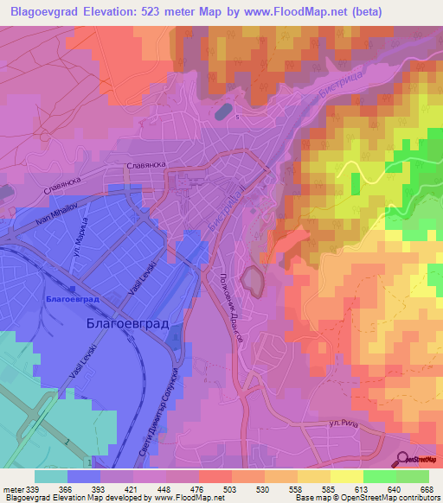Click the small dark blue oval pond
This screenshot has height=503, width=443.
point(223,111)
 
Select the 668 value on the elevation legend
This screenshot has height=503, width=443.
point(426,487)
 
